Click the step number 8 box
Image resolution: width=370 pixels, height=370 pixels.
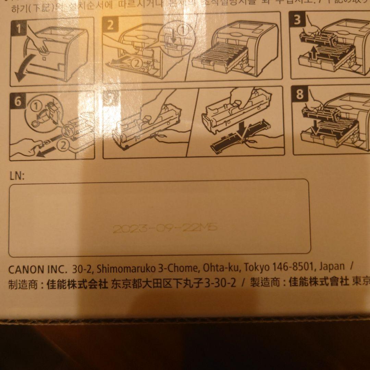click(300, 94)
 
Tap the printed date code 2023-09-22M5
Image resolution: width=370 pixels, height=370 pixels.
click(165, 228)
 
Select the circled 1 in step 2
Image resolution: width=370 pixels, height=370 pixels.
click(184, 30)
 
